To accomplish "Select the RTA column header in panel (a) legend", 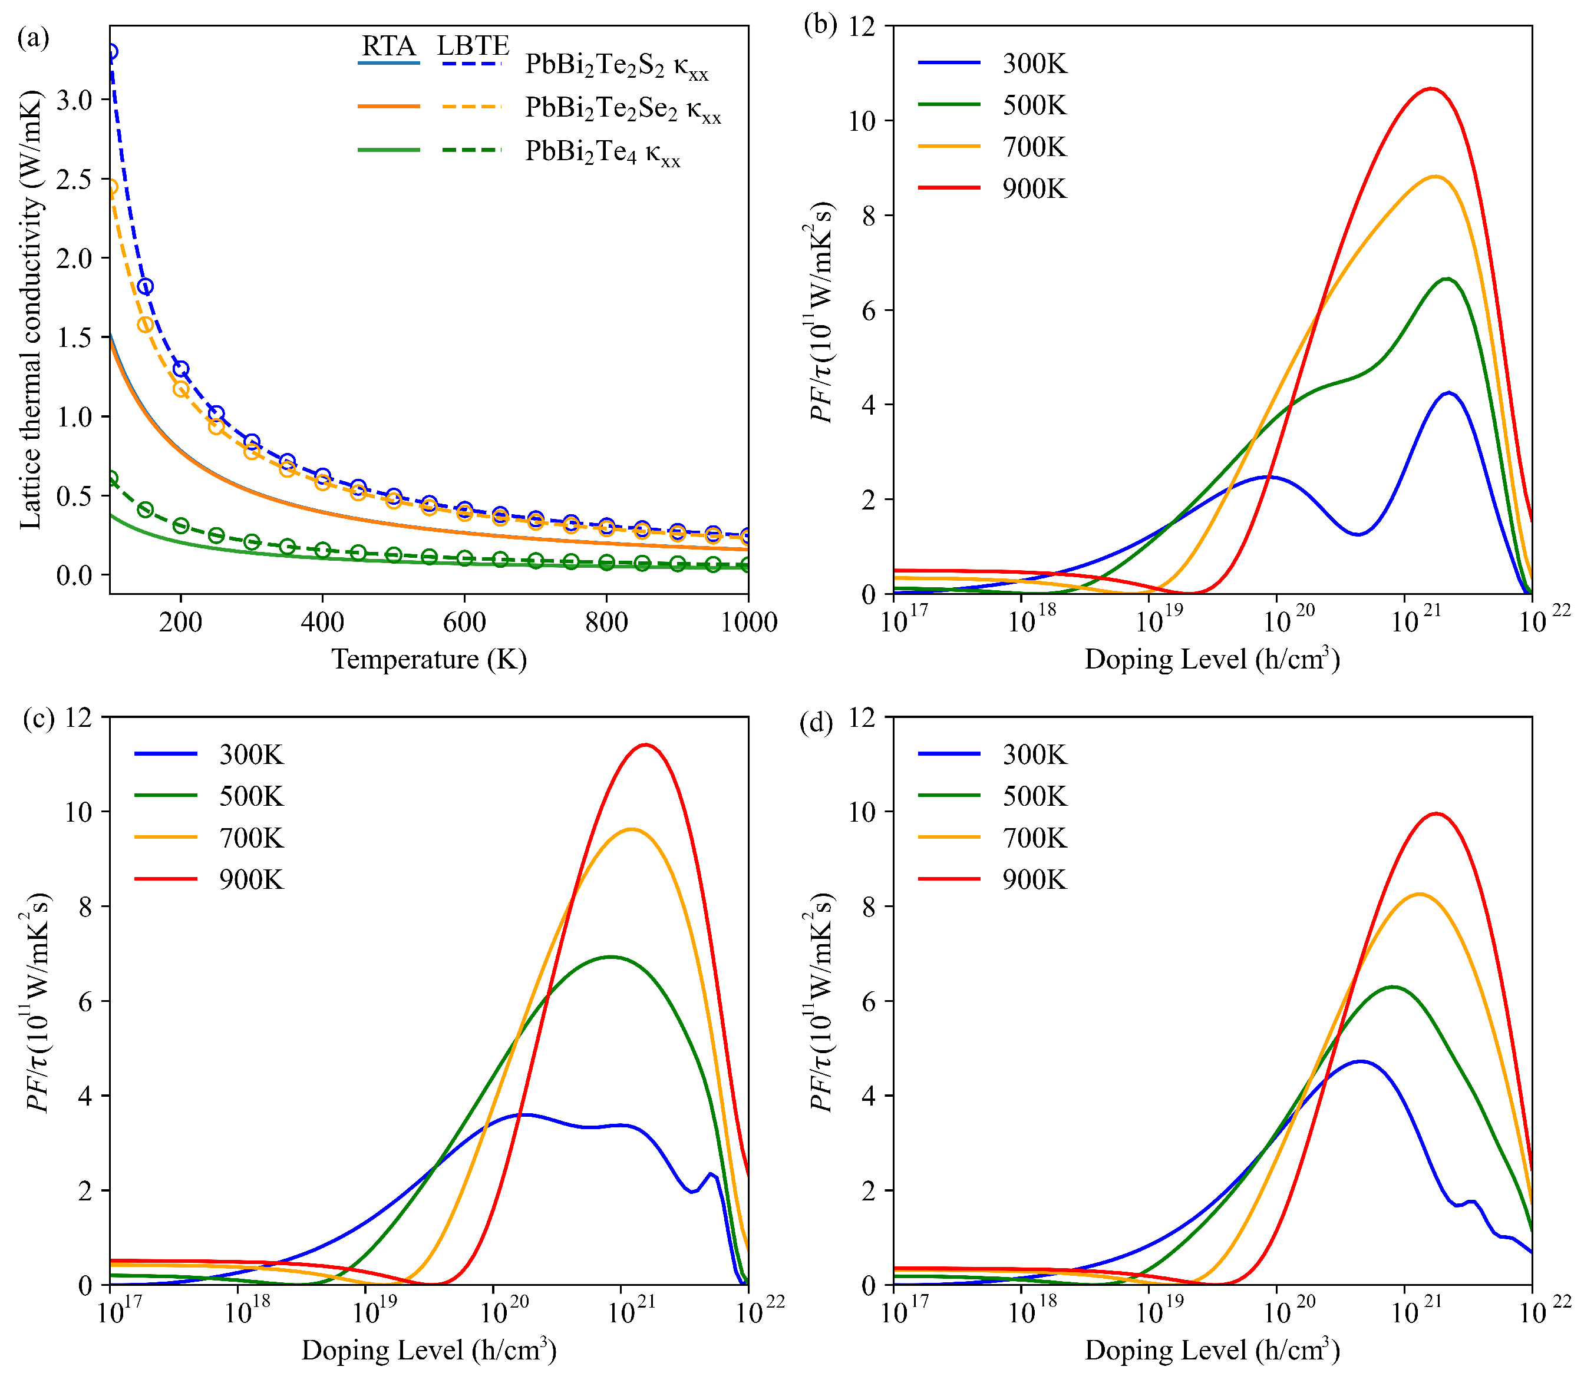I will [x=388, y=47].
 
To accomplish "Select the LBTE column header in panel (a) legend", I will [x=473, y=47].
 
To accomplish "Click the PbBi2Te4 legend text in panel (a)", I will [x=603, y=152].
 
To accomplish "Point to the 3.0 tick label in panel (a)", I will [x=74, y=100].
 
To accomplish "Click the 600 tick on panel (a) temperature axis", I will [x=464, y=621].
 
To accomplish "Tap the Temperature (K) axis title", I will [x=429, y=659].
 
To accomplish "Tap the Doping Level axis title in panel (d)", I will [x=1212, y=1350].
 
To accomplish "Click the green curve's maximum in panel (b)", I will [x=1447, y=279].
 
